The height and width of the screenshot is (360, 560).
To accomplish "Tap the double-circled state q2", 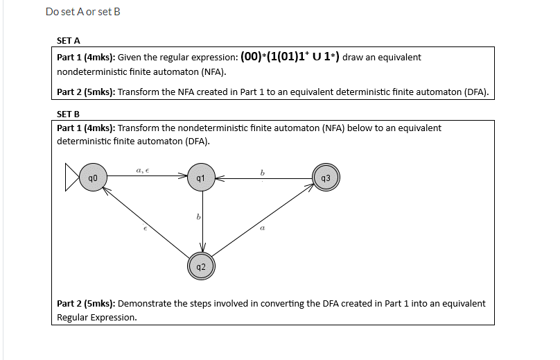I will (x=200, y=266).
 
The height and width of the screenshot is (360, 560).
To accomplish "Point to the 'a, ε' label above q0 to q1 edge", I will (x=143, y=169).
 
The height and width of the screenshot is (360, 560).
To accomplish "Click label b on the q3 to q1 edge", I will (x=262, y=171).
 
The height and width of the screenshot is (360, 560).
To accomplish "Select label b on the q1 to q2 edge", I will (x=199, y=218).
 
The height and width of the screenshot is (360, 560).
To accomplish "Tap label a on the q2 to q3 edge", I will (x=263, y=227).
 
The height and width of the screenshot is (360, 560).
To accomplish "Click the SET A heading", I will (x=68, y=40).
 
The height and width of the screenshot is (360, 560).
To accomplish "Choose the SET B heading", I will (x=68, y=114).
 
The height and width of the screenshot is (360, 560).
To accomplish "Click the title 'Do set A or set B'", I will (x=82, y=12).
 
